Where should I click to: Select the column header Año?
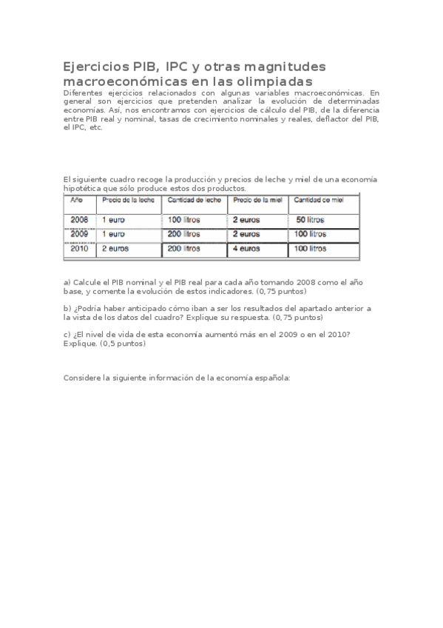click(x=76, y=200)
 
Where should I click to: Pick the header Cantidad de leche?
click(x=194, y=200)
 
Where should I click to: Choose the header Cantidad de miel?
click(x=319, y=200)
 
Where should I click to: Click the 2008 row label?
click(x=79, y=220)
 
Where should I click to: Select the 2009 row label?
click(x=79, y=234)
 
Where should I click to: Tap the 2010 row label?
click(x=79, y=249)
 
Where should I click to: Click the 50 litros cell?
click(x=310, y=220)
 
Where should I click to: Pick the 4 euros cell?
click(x=246, y=249)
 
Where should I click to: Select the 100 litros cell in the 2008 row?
click(x=184, y=220)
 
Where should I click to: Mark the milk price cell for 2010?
click(x=115, y=249)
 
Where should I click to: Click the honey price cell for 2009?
click(x=246, y=234)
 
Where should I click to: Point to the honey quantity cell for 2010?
click(x=311, y=249)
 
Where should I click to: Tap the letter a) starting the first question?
click(x=67, y=283)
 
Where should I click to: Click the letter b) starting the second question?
click(x=67, y=307)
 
